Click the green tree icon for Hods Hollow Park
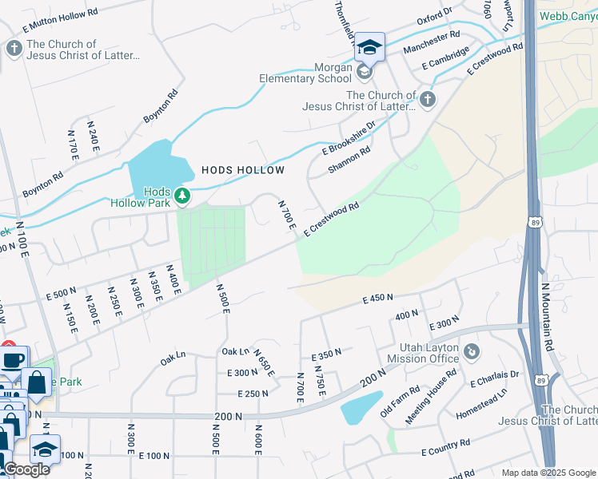183,195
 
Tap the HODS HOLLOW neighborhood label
243,170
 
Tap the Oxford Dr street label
434,18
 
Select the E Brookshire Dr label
349,138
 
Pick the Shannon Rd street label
349,160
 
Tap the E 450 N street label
377,299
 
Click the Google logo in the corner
26,469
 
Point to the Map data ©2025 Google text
548,473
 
